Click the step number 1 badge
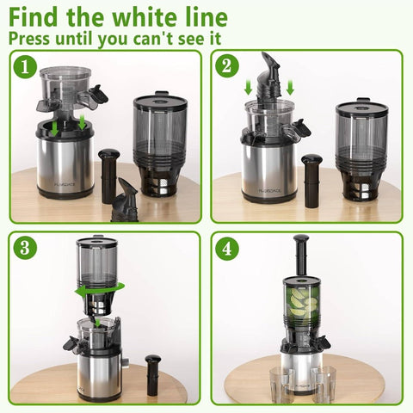28,66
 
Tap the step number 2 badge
226,66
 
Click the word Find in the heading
34,17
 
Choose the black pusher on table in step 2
311,176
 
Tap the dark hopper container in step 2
361,146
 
